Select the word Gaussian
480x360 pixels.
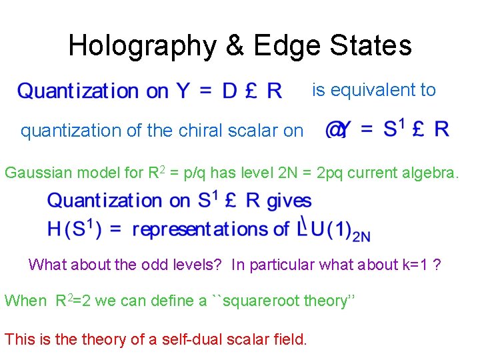tap(37, 173)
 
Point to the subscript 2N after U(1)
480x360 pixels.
tap(361, 235)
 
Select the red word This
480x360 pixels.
tap(19, 339)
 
